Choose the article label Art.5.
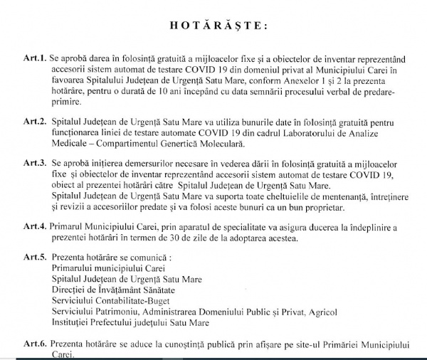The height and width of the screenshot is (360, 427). [33, 258]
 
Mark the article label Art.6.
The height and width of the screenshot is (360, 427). [33, 344]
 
